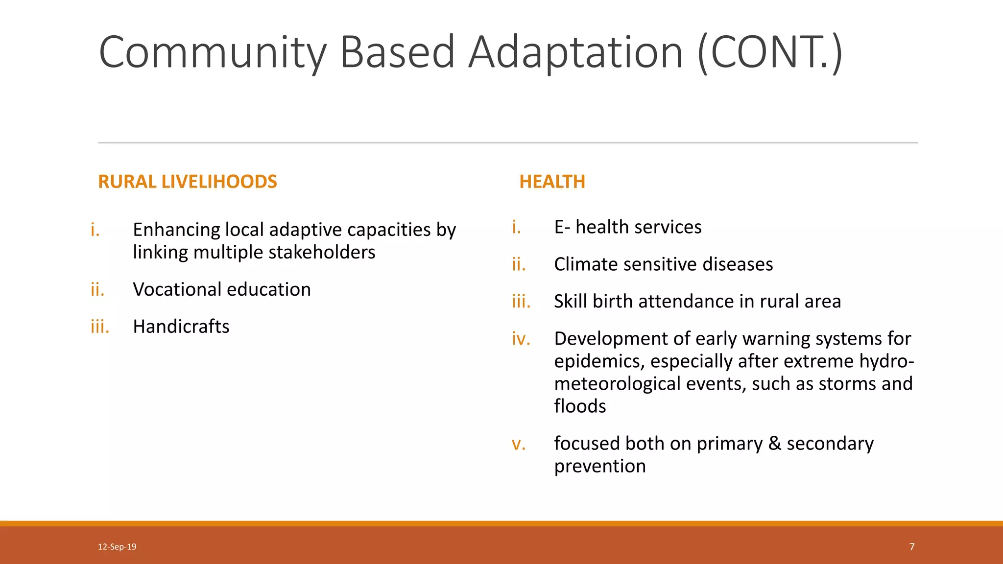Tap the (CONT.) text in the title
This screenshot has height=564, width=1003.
769,53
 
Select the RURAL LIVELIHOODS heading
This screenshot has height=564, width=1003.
188,182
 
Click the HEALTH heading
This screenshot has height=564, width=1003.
552,182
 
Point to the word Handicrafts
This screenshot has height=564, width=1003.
181,327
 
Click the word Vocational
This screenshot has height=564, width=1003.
177,289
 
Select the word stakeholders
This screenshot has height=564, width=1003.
322,253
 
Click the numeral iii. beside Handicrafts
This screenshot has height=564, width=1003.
100,327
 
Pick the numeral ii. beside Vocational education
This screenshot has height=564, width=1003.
97,289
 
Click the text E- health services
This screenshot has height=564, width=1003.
627,227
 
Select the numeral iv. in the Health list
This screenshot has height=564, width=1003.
521,339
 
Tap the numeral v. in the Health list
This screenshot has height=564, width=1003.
518,444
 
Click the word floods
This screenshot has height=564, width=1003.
580,406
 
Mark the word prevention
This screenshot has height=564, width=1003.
600,466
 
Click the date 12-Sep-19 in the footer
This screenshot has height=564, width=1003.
117,547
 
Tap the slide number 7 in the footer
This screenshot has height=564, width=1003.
912,547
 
